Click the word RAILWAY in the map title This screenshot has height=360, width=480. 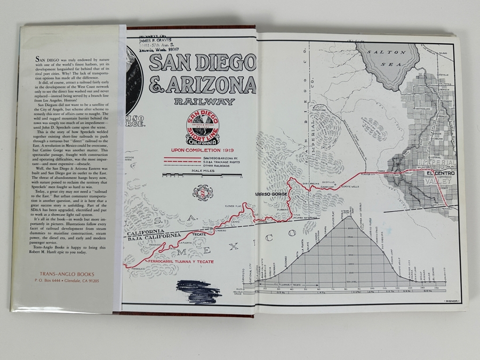coord(204,101)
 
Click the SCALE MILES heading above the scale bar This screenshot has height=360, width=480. coord(203,171)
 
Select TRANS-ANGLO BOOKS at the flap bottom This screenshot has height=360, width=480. coord(61,274)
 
